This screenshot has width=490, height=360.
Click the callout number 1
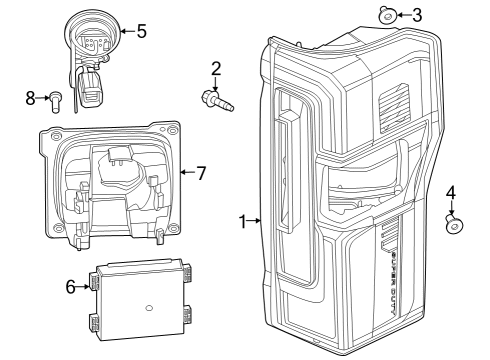[x=243, y=221]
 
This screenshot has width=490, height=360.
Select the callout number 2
[x=215, y=69]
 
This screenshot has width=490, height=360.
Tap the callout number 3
[x=417, y=14]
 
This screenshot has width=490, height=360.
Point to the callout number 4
[x=451, y=192]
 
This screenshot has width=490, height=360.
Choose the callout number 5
[x=141, y=31]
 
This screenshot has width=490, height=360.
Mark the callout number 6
[x=71, y=287]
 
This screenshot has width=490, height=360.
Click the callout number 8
[x=30, y=97]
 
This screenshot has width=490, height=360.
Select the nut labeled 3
[x=386, y=14]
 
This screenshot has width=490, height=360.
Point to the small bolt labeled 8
[x=58, y=98]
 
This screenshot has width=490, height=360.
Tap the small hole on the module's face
[x=148, y=305]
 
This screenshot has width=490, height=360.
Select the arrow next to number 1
[x=257, y=221]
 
